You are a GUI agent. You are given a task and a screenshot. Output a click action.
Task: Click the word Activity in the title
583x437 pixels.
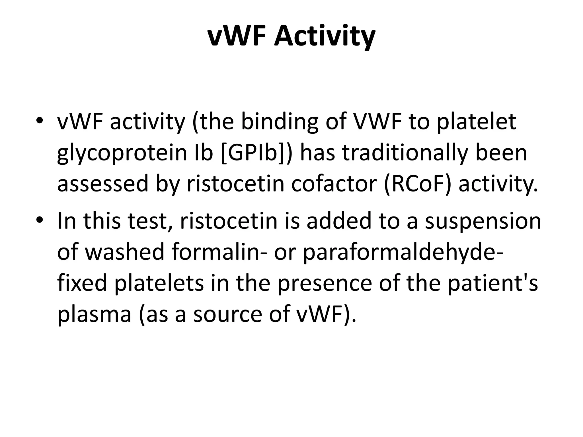(324, 37)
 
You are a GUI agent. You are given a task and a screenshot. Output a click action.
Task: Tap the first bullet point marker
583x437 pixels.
(40, 120)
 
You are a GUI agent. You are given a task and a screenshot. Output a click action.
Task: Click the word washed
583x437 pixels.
(125, 252)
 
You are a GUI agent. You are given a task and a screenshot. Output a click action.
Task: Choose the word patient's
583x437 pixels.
(492, 283)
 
